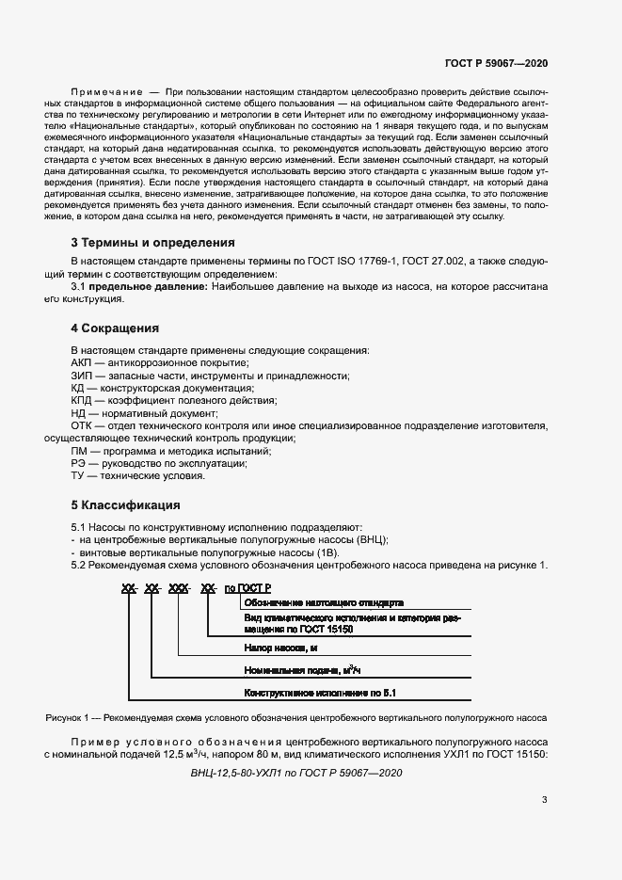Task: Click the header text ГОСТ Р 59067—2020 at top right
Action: click(496, 63)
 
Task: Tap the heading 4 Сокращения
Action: click(115, 328)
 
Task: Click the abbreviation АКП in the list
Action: click(81, 362)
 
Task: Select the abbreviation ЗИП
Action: click(81, 376)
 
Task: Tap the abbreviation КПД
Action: click(82, 401)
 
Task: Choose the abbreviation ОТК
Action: click(82, 426)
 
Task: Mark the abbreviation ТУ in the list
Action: click(78, 476)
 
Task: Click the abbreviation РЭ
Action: click(78, 464)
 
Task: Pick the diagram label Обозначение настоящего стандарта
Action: click(324, 602)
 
